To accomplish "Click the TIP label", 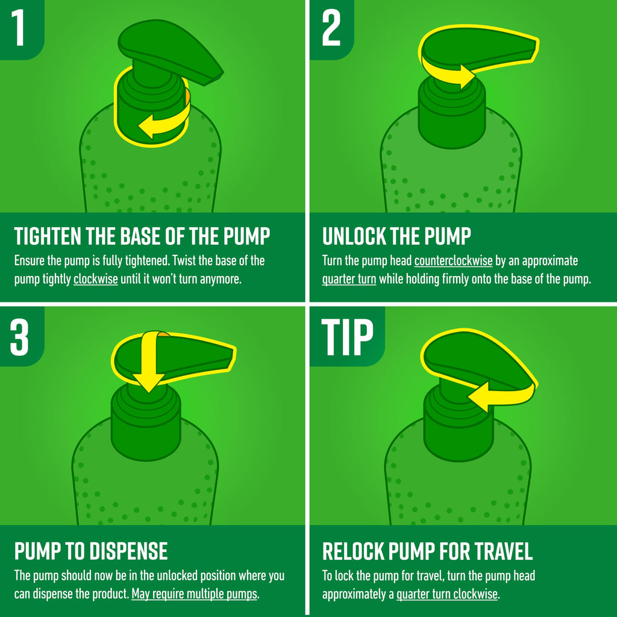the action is (x=347, y=337).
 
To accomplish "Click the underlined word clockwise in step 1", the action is (x=96, y=279).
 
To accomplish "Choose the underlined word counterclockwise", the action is (x=453, y=260).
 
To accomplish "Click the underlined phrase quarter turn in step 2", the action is (x=349, y=280).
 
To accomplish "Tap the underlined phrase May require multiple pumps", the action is (x=195, y=594).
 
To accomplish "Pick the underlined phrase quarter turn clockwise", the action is (x=447, y=594).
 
